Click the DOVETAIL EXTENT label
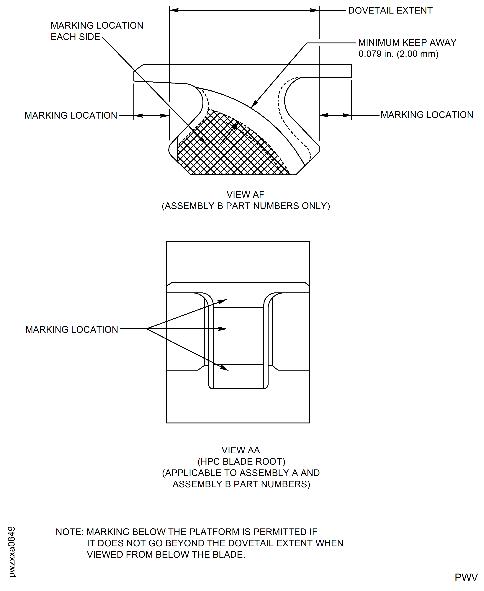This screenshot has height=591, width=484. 390,11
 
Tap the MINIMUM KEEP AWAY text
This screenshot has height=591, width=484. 407,43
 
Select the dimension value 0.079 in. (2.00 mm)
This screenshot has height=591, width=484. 398,54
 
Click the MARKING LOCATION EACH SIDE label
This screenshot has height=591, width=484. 97,31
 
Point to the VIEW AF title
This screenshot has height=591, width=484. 245,194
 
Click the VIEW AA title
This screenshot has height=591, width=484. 241,450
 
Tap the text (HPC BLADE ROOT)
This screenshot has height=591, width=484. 241,461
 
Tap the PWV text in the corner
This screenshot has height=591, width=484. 466,577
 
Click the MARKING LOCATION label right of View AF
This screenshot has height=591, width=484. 427,115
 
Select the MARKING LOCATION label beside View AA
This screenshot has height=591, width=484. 72,330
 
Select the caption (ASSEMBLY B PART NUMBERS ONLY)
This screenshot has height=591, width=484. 246,206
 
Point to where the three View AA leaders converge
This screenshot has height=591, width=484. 147,329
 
